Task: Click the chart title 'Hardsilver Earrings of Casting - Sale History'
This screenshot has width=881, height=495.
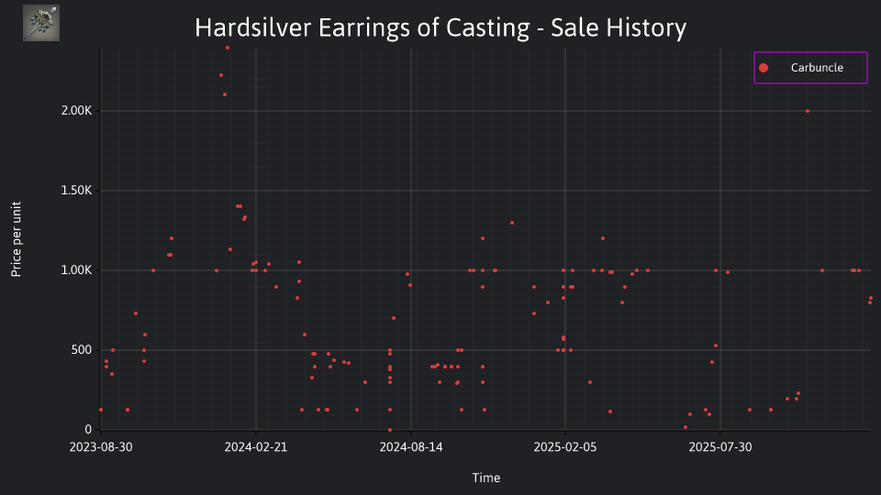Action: [440, 27]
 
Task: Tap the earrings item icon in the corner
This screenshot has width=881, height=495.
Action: [41, 23]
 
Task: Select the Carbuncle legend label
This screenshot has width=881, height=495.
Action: [817, 67]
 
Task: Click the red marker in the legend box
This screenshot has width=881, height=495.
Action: [764, 68]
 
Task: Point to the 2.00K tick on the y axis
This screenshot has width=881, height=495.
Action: [76, 111]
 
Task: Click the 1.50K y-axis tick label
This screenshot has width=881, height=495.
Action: [76, 191]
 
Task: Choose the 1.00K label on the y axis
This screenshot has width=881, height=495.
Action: [76, 269]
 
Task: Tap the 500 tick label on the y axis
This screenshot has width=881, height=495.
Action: [81, 349]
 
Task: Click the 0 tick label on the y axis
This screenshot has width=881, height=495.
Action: [88, 429]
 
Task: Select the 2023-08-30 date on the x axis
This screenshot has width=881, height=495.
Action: [101, 446]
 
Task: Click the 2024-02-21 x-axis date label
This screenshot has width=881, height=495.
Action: [256, 446]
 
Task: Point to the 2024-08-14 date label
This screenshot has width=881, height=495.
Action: [411, 446]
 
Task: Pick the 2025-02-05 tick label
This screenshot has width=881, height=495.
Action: [565, 446]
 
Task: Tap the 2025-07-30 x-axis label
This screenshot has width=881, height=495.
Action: [720, 446]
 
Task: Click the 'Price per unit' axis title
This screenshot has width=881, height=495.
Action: [17, 239]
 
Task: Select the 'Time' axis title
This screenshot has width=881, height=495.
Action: [486, 478]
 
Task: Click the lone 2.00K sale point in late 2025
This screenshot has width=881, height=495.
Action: [808, 111]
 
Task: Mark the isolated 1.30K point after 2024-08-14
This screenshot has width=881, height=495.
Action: [512, 223]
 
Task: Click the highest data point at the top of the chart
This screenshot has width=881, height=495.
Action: [228, 48]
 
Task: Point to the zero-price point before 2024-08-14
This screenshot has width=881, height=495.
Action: [390, 430]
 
